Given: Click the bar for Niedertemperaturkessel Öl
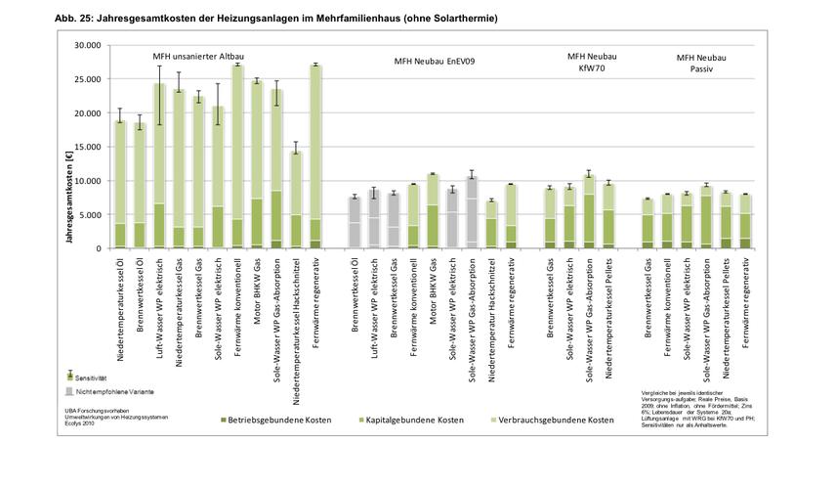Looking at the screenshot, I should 120,186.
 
